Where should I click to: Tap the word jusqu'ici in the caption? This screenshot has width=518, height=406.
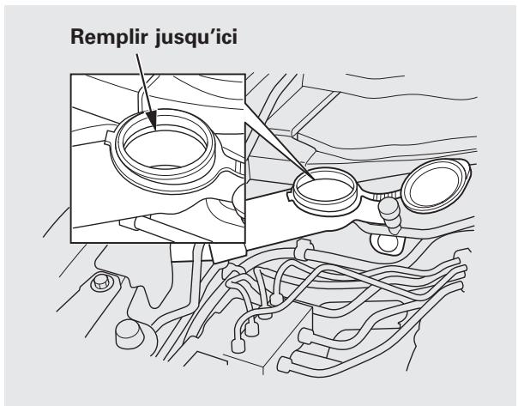pyautogui.click(x=194, y=41)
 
